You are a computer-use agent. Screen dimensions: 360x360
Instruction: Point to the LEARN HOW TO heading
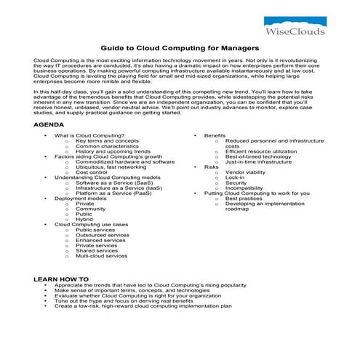(61, 279)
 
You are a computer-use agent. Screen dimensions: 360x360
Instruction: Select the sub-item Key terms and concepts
(107, 141)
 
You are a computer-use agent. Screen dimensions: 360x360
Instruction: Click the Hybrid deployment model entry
(84, 219)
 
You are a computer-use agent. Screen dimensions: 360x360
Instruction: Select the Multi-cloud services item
(101, 256)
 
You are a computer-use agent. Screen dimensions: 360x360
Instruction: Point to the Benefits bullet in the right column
(215, 136)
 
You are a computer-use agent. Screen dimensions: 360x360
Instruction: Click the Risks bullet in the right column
(211, 167)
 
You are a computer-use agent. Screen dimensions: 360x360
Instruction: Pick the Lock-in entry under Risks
(235, 177)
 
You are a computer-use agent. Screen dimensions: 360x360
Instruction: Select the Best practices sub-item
(245, 199)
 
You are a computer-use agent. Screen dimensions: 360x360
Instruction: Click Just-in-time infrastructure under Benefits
(258, 161)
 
